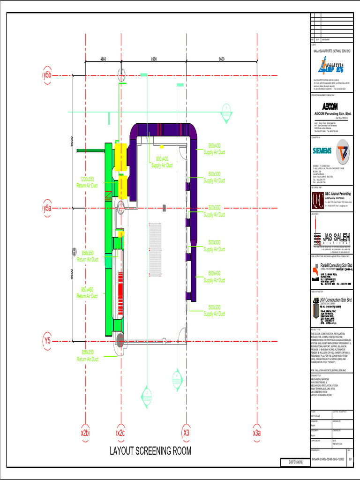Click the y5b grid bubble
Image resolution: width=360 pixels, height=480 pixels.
coord(47,75)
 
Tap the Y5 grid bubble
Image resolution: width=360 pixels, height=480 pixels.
coord(47,341)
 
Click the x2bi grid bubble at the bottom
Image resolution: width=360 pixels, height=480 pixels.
coord(85,432)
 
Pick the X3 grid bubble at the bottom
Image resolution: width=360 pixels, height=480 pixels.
coord(186,432)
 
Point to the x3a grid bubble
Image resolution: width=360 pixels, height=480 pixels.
coord(256,432)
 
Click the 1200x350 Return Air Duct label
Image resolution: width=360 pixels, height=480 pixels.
coord(87,182)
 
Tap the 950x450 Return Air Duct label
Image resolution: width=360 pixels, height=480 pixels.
coord(87,292)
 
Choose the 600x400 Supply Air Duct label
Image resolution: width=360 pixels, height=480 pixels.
coord(214,277)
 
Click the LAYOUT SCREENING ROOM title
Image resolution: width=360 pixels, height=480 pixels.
coord(150,451)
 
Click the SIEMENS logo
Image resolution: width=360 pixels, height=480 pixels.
coord(322,150)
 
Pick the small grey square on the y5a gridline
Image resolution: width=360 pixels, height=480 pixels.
coord(164,208)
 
